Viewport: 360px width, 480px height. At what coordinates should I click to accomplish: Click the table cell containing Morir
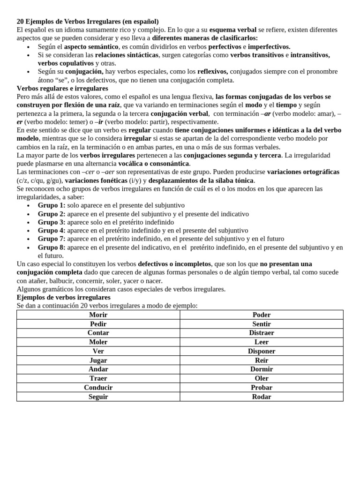click(x=98, y=315)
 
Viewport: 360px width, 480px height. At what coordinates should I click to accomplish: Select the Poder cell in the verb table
click(x=261, y=315)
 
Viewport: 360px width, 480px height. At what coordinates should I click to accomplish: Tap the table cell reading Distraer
click(x=261, y=333)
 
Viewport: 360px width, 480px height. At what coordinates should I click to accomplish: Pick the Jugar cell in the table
click(x=98, y=360)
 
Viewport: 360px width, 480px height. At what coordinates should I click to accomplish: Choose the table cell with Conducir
click(x=98, y=388)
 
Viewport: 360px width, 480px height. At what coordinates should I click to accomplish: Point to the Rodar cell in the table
click(x=261, y=397)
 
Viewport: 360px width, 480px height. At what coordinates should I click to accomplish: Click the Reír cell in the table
click(x=261, y=360)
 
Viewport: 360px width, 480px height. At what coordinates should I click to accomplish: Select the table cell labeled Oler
click(x=261, y=378)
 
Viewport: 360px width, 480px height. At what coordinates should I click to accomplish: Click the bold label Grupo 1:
click(x=52, y=205)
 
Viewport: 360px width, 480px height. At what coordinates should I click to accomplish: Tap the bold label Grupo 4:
click(x=52, y=231)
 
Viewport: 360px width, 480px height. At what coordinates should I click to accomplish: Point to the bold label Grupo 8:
click(x=52, y=247)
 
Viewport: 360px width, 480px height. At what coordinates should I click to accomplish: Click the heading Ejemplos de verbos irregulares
click(x=63, y=297)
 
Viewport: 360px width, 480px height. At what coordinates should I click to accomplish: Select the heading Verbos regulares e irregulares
click(x=62, y=88)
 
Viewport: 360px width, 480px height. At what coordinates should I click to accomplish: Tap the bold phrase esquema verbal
click(x=232, y=30)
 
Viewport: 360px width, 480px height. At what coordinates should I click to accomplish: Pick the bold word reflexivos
click(x=212, y=71)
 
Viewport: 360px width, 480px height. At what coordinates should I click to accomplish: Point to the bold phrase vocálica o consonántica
click(x=154, y=164)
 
